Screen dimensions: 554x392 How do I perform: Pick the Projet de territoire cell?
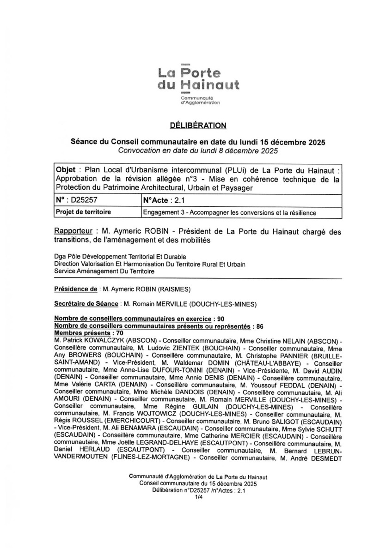pyautogui.click(x=83, y=212)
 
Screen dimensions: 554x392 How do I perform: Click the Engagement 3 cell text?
pyautogui.click(x=230, y=212)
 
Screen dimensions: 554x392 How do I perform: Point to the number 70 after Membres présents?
pyautogui.click(x=120, y=332)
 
